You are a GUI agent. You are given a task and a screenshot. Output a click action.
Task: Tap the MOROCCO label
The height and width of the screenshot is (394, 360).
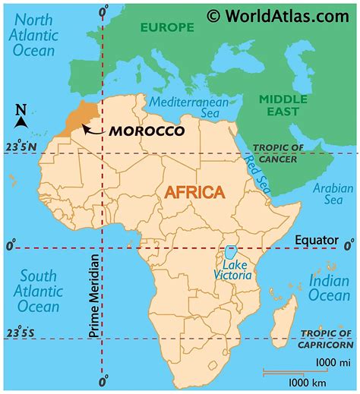pyautogui.click(x=147, y=131)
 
